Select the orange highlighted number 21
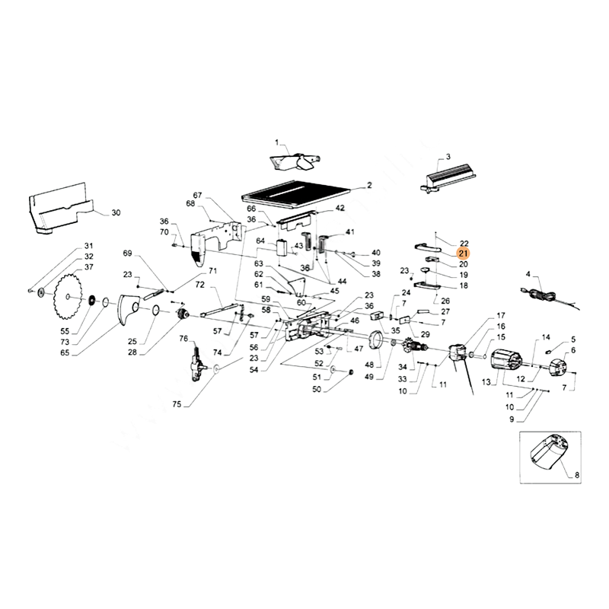464,253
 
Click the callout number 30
116,212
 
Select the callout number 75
177,404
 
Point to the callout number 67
196,196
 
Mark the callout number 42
340,208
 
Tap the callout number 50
317,389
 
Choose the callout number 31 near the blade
88,245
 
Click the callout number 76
183,338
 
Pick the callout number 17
501,316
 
